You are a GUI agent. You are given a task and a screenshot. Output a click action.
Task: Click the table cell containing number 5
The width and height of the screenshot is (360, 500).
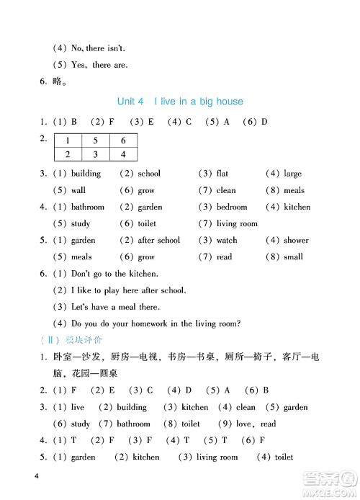(x=95, y=141)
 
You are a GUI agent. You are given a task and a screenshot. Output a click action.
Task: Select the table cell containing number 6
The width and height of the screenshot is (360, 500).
(x=123, y=141)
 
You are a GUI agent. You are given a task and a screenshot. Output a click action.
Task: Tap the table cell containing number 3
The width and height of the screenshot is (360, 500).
(x=95, y=154)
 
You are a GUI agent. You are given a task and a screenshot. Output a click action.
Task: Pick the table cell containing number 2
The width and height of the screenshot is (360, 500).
(x=68, y=154)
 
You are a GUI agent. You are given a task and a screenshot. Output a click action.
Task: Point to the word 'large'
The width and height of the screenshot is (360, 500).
(x=292, y=174)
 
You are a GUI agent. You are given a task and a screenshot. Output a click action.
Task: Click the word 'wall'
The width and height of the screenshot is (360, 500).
(x=78, y=191)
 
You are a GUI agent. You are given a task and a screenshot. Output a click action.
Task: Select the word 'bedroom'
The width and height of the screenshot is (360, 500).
(x=232, y=207)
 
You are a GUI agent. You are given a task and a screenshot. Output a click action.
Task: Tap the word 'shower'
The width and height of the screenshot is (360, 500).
(x=296, y=241)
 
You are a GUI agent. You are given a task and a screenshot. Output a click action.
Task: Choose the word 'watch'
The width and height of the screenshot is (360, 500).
(x=227, y=241)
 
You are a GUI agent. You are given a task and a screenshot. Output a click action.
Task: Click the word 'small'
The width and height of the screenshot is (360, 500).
(x=293, y=257)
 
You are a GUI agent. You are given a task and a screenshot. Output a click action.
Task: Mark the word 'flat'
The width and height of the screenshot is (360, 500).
(x=222, y=174)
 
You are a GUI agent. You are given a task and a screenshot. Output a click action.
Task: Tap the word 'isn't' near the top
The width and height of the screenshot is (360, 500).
(x=115, y=48)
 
